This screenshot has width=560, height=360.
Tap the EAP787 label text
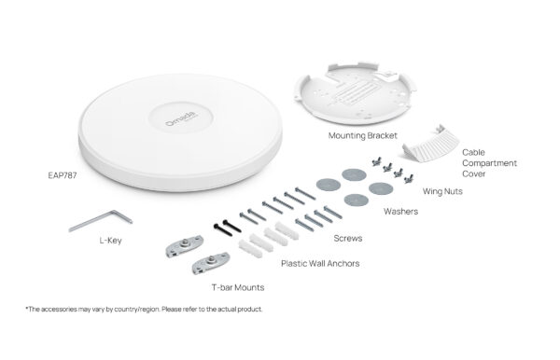pyautogui.click(x=63, y=174)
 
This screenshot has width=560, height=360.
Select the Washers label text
pyautogui.click(x=400, y=212)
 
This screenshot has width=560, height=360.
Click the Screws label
pyautogui.click(x=348, y=239)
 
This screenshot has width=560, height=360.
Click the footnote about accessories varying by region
pyautogui.click(x=144, y=309)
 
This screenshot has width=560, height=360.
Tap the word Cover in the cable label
pyautogui.click(x=476, y=173)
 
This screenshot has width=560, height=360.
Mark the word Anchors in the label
pyautogui.click(x=342, y=263)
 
